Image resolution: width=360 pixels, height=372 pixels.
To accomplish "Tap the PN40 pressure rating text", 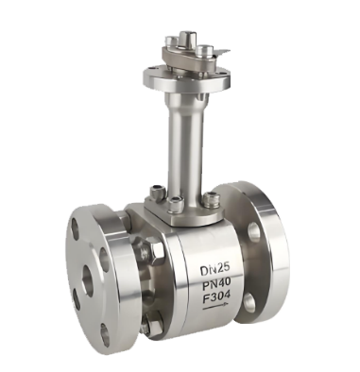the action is (x=216, y=283).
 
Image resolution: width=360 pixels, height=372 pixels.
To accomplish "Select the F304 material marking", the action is (x=216, y=296).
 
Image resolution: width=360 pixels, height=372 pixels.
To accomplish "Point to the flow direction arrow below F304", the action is (x=215, y=307).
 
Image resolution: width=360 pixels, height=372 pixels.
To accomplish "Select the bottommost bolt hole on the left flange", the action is (x=105, y=332).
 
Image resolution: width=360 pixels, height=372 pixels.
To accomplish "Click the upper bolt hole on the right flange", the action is (x=253, y=232).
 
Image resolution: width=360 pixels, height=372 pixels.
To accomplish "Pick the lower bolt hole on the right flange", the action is (x=251, y=302).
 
